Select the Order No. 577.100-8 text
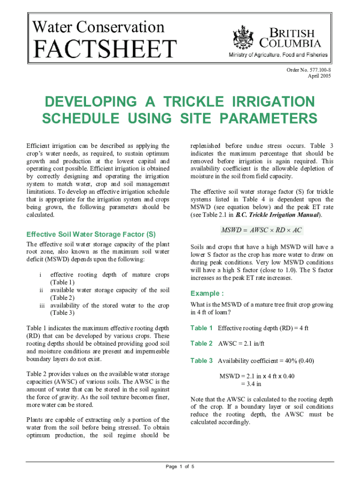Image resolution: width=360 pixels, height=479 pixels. tap(310, 70)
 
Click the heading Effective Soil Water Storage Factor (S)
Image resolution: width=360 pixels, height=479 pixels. tap(91, 234)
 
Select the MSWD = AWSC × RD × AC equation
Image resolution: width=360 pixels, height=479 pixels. tap(262, 230)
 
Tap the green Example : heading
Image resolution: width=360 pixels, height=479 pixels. tap(207, 293)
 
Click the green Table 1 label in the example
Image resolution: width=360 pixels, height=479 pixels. tap(202, 327)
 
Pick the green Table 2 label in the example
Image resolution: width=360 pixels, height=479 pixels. tap(202, 344)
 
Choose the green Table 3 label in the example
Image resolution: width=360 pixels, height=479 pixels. tap(202, 360)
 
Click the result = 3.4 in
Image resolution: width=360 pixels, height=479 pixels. tap(251, 384)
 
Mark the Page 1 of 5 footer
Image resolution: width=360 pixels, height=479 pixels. tap(180, 466)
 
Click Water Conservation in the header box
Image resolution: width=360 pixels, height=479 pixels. tap(98, 27)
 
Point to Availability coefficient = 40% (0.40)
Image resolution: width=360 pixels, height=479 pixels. tap(266, 361)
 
